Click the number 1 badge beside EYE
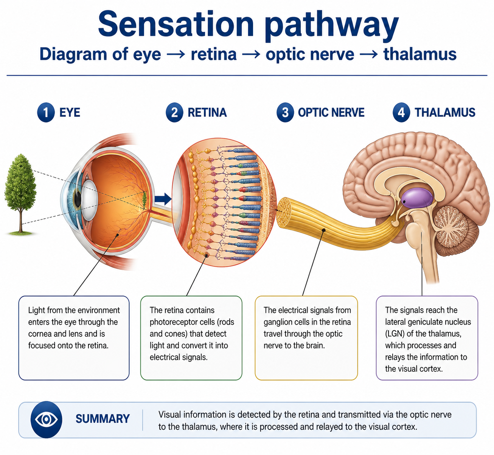pyautogui.click(x=46, y=112)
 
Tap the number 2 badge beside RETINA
pyautogui.click(x=174, y=112)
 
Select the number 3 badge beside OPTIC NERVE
pyautogui.click(x=285, y=112)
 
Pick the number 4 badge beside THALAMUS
pyautogui.click(x=401, y=112)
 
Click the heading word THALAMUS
pyautogui.click(x=445, y=112)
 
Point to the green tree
pyautogui.click(x=20, y=194)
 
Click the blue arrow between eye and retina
pyautogui.click(x=163, y=199)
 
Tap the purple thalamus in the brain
pyautogui.click(x=417, y=198)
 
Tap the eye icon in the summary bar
pyautogui.click(x=46, y=419)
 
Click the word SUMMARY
pyautogui.click(x=103, y=419)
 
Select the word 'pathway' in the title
pyautogui.click(x=331, y=26)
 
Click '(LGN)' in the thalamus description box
pyautogui.click(x=395, y=334)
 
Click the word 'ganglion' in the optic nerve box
pyautogui.click(x=278, y=322)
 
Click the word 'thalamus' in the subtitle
pyautogui.click(x=420, y=54)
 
